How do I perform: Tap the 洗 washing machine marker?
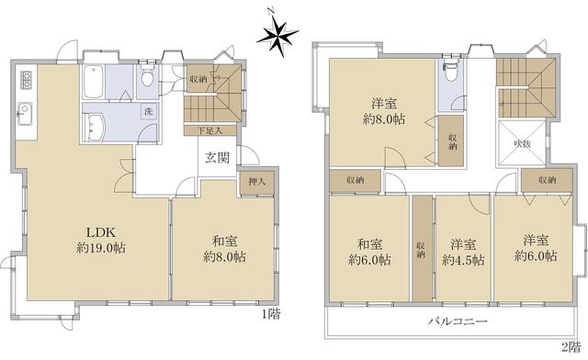tap(148, 112)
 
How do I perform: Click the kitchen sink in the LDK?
tap(23, 117)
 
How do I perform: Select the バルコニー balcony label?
tap(457, 321)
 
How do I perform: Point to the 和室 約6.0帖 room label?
tap(369, 252)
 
